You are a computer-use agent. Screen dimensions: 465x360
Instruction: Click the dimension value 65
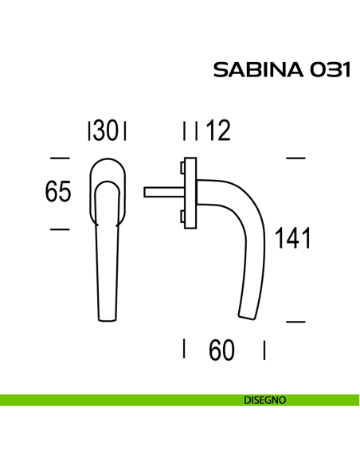(58, 193)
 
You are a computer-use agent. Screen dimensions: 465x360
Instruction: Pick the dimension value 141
(292, 238)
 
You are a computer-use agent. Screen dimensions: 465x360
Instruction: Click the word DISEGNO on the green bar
(265, 401)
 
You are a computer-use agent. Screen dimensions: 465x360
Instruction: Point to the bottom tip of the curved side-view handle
(248, 317)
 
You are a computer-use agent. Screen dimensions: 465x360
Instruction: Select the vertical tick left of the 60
(185, 349)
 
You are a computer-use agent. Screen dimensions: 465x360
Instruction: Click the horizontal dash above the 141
(295, 157)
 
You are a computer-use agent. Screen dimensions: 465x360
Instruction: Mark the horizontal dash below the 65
(59, 229)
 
